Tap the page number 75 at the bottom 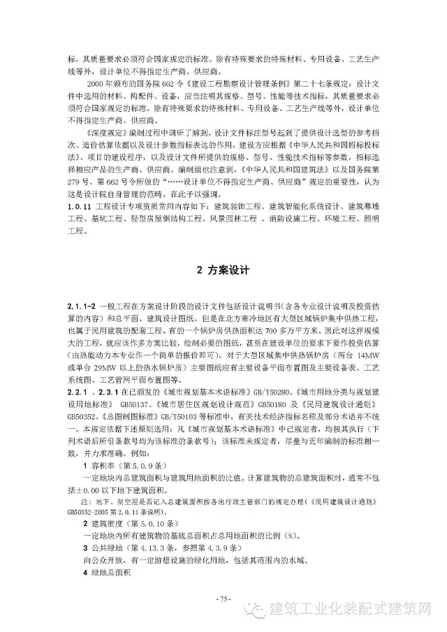tap(223, 598)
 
